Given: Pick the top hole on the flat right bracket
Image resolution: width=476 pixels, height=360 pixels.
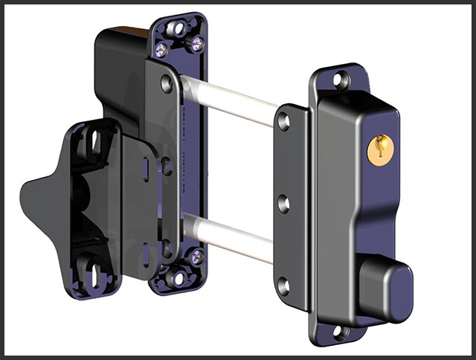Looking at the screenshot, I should pos(283,121).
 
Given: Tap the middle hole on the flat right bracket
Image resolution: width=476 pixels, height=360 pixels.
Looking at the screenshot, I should pos(283,202).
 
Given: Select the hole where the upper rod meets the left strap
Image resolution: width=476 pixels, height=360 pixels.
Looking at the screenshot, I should pos(166,84).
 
